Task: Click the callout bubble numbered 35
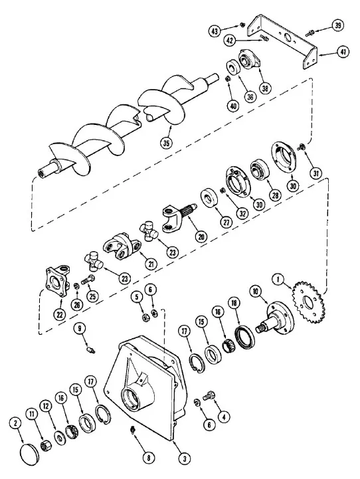click(166, 143)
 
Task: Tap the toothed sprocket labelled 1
click(307, 302)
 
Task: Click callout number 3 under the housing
click(184, 458)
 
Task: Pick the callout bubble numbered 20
click(201, 236)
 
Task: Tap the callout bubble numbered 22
click(59, 314)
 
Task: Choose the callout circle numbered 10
click(256, 292)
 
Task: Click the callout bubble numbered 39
click(337, 25)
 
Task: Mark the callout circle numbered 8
click(148, 458)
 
